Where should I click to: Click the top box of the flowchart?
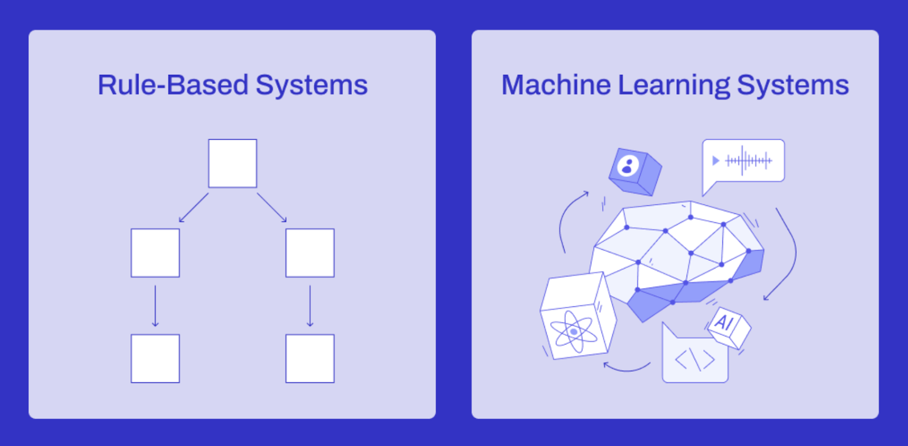tap(232, 163)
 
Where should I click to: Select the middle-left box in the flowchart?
tap(155, 253)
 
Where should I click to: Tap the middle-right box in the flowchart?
tap(310, 253)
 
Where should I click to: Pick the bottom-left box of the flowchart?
tap(155, 359)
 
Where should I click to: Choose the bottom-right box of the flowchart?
tap(310, 359)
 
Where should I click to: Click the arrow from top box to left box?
tap(194, 208)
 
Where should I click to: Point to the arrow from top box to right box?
tap(272, 208)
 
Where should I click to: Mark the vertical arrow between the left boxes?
tap(155, 306)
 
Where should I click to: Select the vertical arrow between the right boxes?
tap(310, 306)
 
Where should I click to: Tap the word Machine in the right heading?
tap(556, 85)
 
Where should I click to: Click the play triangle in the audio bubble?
tap(716, 161)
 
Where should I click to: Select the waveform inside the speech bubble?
tap(749, 161)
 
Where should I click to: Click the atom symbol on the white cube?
tap(574, 331)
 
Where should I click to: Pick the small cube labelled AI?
tap(729, 327)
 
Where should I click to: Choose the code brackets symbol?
tap(695, 360)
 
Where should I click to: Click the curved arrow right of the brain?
tap(787, 255)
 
